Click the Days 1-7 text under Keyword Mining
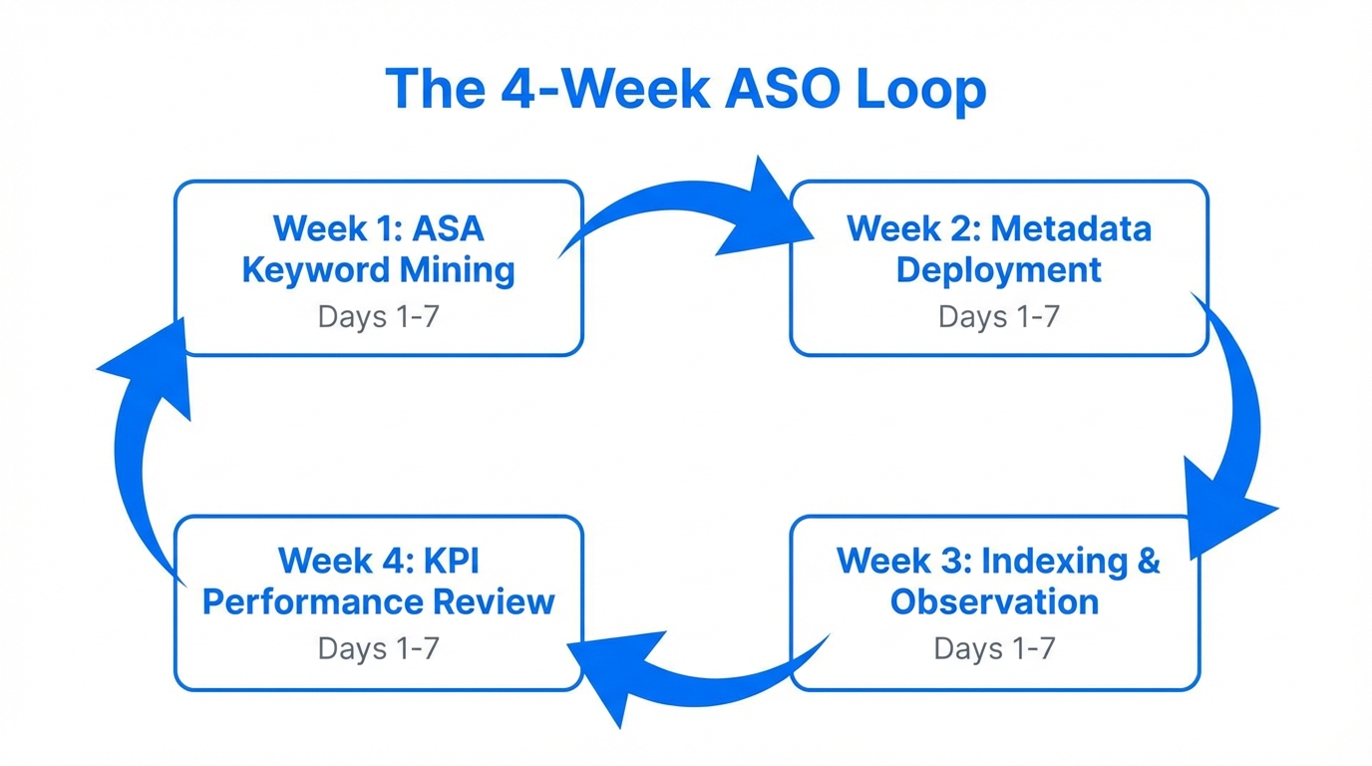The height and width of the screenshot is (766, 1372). coord(378,317)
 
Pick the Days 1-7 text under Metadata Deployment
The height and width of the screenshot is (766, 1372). coord(998,317)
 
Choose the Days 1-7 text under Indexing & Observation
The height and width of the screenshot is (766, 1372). coord(994,648)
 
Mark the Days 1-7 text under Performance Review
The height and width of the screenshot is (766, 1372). coord(378,648)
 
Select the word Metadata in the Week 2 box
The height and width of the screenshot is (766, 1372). coord(1072,228)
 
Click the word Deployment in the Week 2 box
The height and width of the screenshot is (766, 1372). coord(998,270)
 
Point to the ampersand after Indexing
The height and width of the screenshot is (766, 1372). coord(1148,561)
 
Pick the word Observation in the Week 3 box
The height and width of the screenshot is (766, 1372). coord(994,602)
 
